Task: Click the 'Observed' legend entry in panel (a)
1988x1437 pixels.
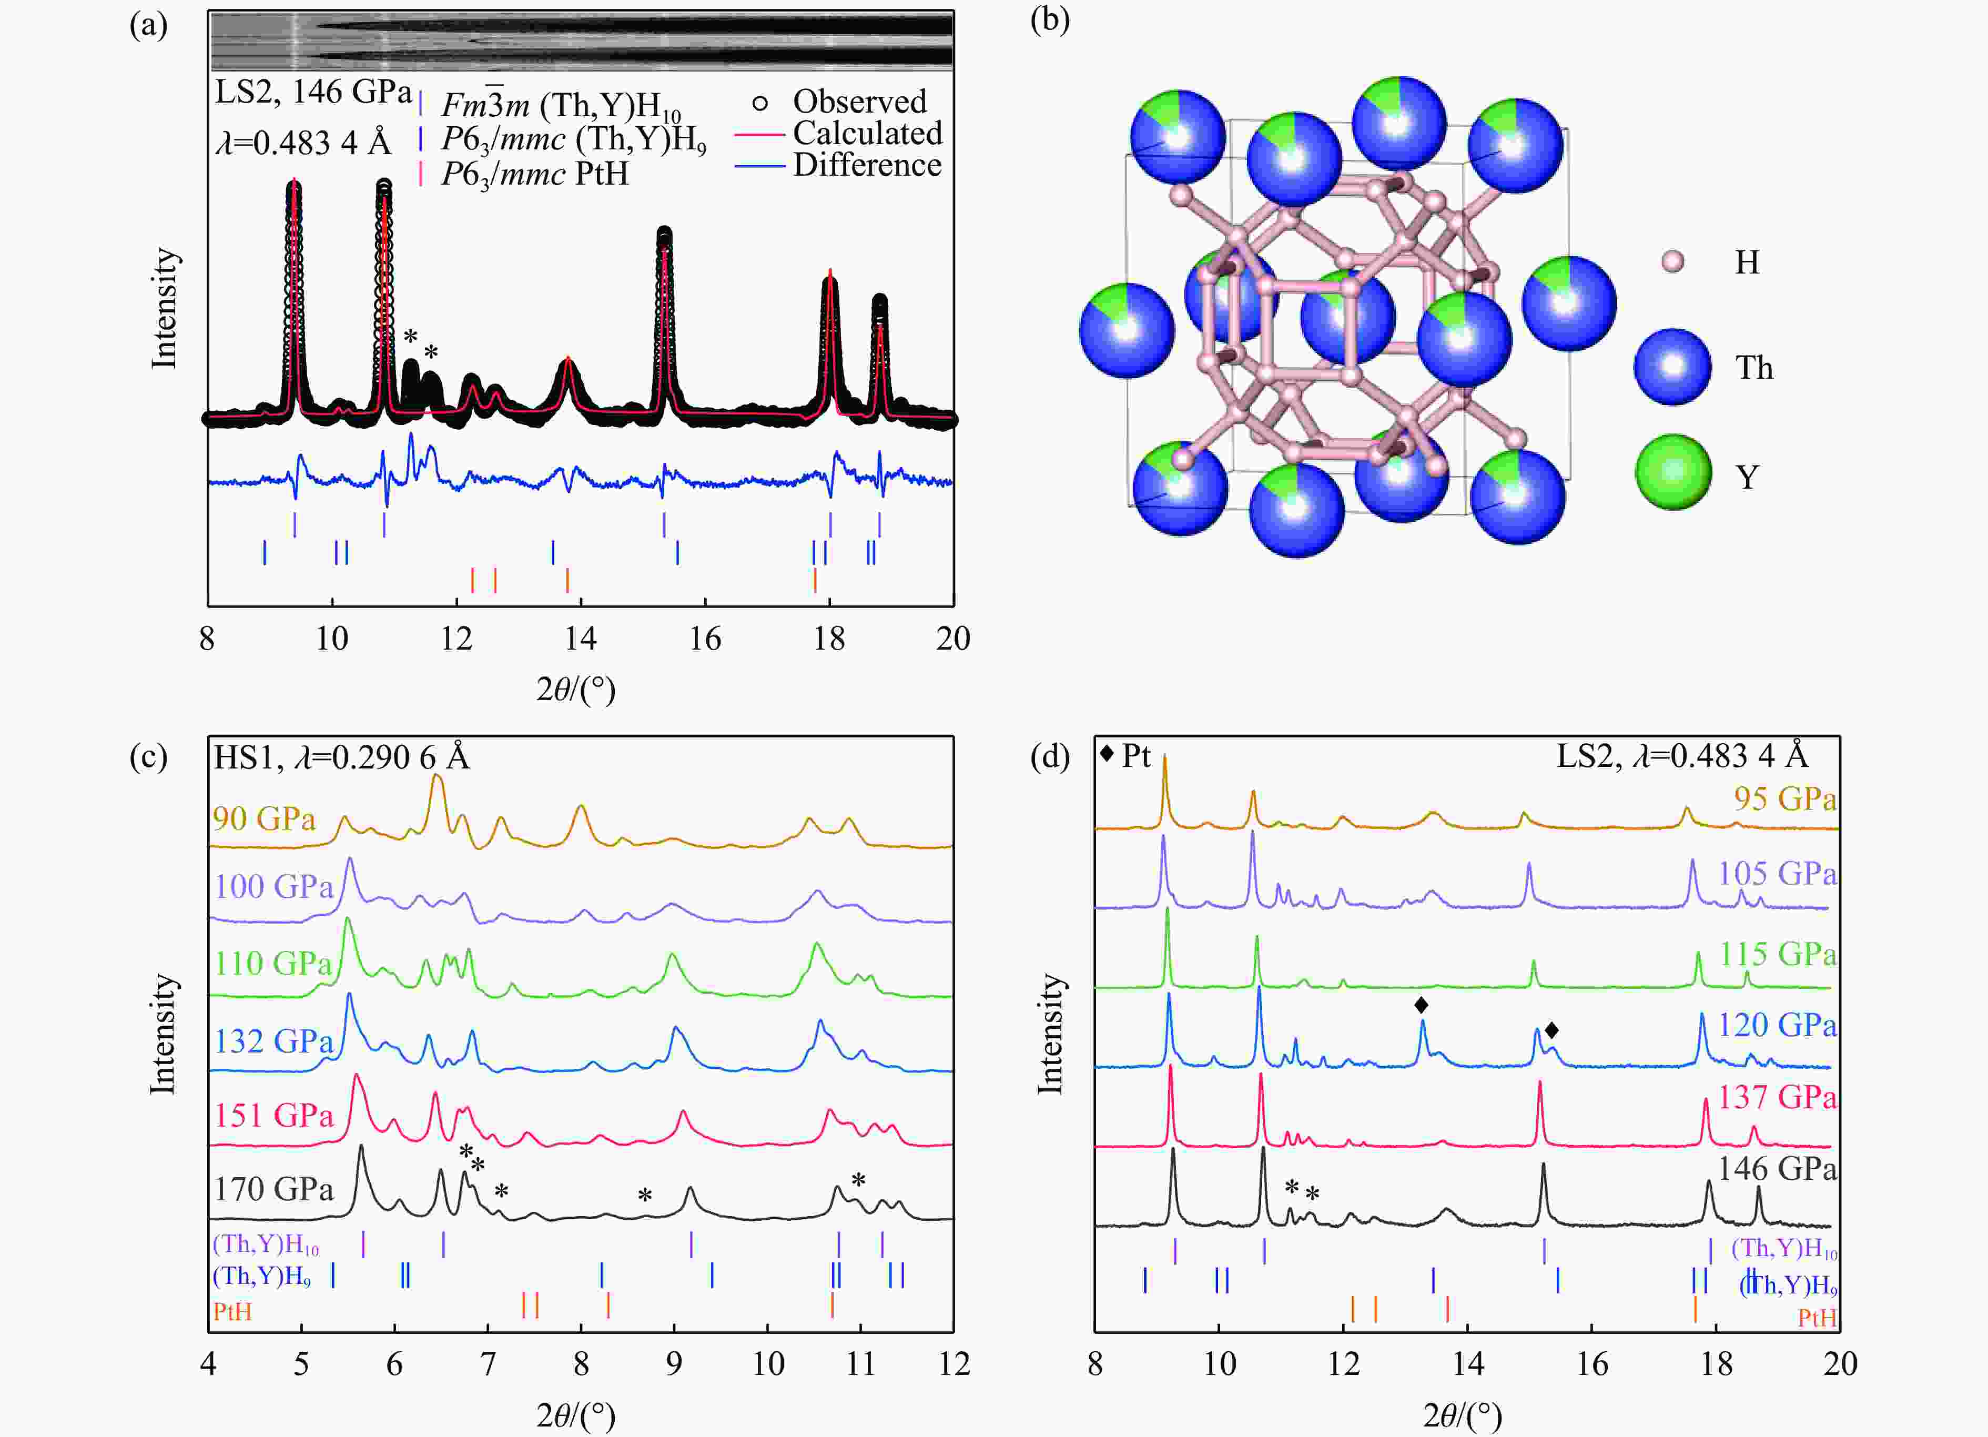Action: tap(858, 102)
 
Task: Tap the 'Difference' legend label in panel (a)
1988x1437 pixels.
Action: tap(867, 165)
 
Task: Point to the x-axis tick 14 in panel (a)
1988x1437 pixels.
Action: tap(580, 638)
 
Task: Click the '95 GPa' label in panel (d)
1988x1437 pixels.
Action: tap(1784, 799)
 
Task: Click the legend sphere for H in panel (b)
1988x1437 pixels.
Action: tap(1672, 261)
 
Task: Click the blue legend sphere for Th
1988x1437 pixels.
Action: tap(1672, 367)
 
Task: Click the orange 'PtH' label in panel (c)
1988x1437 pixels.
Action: tap(232, 1312)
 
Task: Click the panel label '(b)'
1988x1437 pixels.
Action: tap(1049, 19)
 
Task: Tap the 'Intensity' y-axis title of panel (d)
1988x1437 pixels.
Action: tap(1049, 1035)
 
